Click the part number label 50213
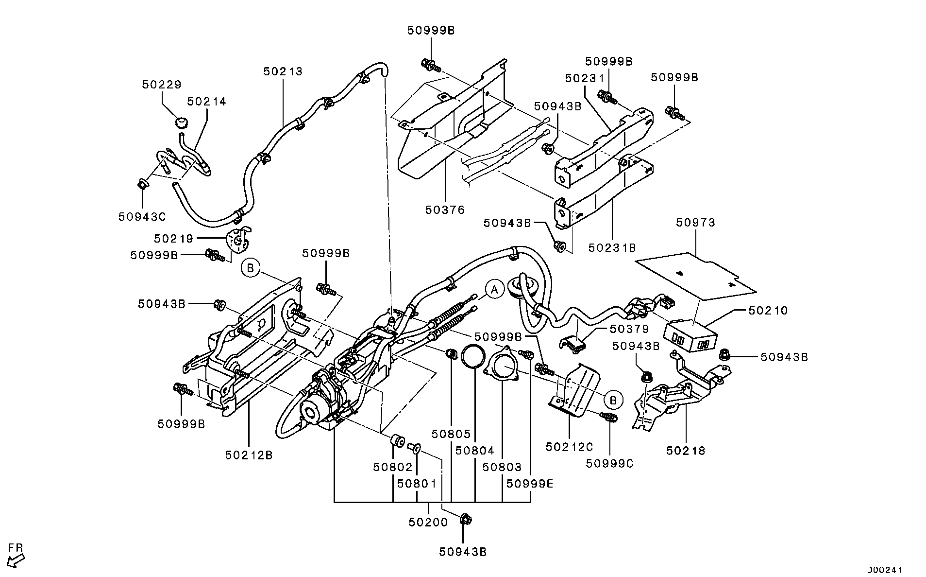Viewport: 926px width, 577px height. point(283,71)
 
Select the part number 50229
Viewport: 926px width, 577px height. point(162,85)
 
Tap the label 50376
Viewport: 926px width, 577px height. point(445,210)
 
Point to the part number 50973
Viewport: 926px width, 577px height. point(696,223)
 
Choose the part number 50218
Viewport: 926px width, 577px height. point(686,451)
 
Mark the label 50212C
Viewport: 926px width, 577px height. point(570,446)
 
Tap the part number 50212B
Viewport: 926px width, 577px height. point(249,455)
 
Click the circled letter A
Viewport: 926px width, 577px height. point(494,290)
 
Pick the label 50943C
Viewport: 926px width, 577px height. point(142,216)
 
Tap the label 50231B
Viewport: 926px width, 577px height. point(612,248)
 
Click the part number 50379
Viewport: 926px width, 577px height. point(629,329)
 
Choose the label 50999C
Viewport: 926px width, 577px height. point(609,463)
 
